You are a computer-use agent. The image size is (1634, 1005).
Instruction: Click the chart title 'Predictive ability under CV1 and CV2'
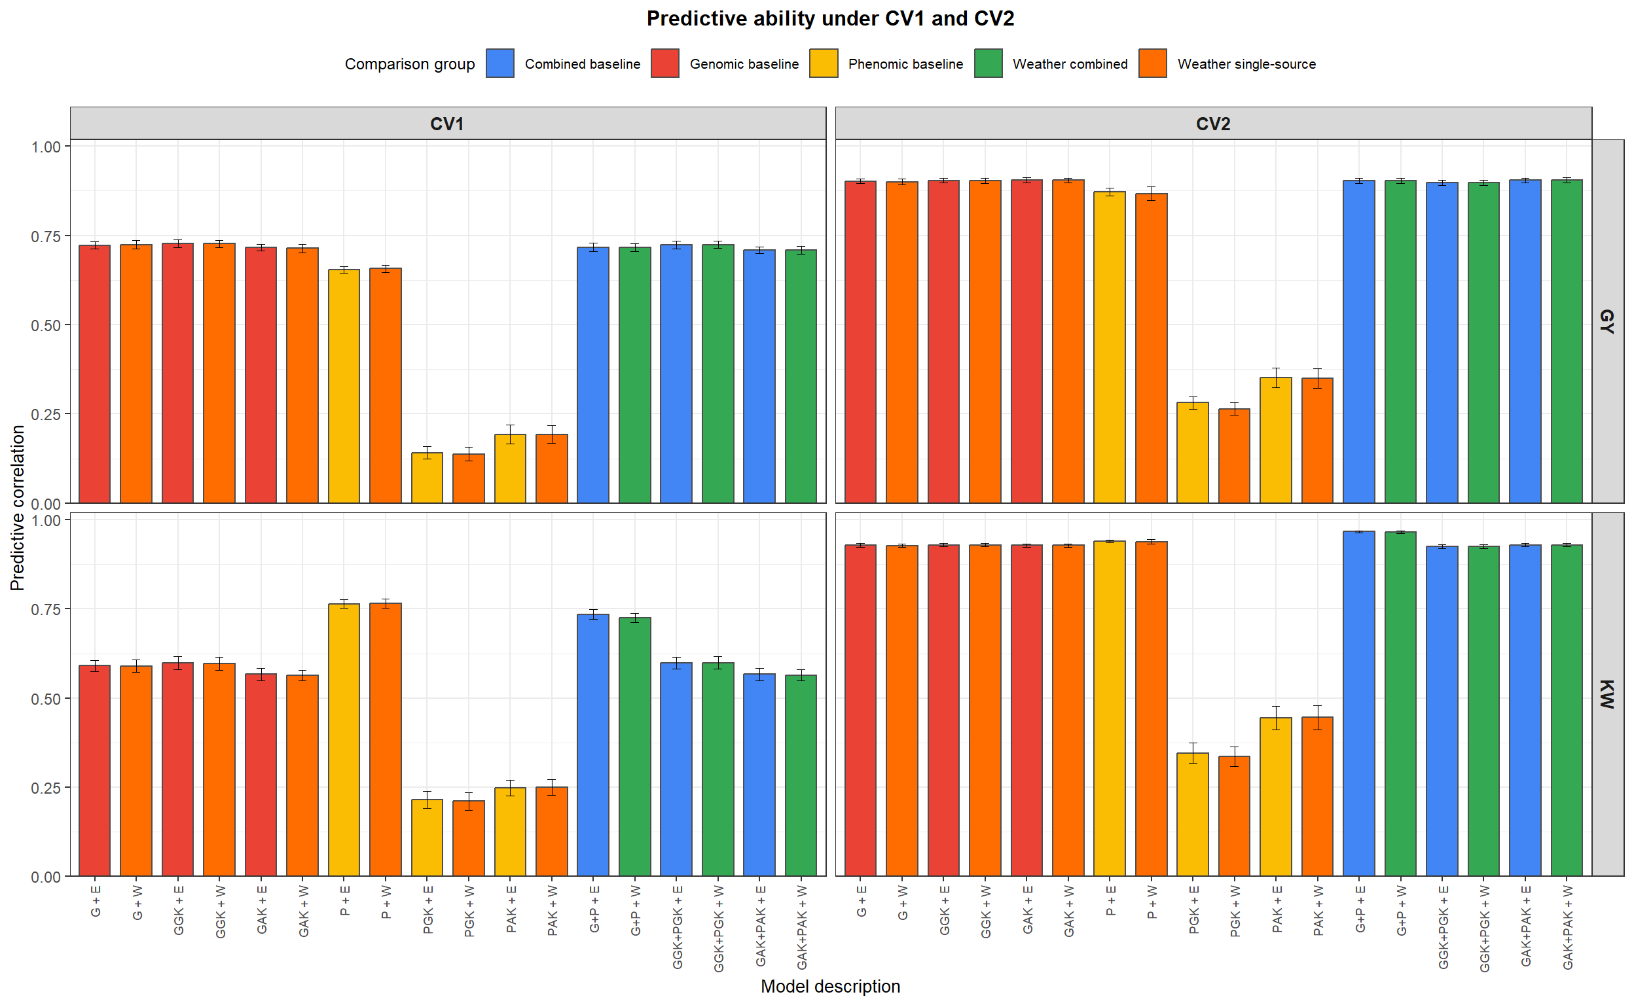coord(829,18)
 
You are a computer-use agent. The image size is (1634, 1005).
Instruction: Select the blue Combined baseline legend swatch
coord(499,63)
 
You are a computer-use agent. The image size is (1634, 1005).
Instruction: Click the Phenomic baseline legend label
coord(905,64)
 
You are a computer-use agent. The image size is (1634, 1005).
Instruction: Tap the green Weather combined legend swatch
coord(988,63)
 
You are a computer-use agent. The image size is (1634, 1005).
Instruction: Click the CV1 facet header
coord(447,124)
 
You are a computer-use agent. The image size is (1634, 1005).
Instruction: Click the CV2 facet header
coord(1212,124)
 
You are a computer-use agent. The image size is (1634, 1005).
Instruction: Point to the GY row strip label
coord(1606,321)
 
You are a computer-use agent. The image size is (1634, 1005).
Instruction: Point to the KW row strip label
coord(1606,694)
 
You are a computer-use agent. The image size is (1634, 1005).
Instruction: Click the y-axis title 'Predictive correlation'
coord(17,508)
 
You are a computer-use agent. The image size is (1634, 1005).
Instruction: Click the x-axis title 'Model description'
coord(829,986)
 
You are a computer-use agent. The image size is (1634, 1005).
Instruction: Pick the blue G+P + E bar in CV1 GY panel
coord(592,375)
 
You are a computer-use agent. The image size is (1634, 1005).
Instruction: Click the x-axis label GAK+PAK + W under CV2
coord(1567,926)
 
